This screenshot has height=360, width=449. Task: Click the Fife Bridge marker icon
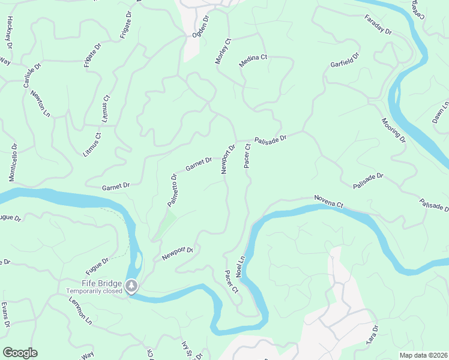pos(132,286)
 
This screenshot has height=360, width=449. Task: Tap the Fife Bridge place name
pos(102,283)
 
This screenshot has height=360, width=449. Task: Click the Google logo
pos(20,353)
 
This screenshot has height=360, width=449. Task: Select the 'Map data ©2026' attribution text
pos(423,355)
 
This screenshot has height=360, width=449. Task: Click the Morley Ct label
pos(223,52)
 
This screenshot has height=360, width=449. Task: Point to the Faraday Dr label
pos(378,24)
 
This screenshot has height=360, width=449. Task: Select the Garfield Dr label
pos(345,60)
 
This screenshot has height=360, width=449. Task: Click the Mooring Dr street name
pos(394,131)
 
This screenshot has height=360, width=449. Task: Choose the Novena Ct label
pos(328,201)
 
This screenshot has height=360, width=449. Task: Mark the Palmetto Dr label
pos(172,190)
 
